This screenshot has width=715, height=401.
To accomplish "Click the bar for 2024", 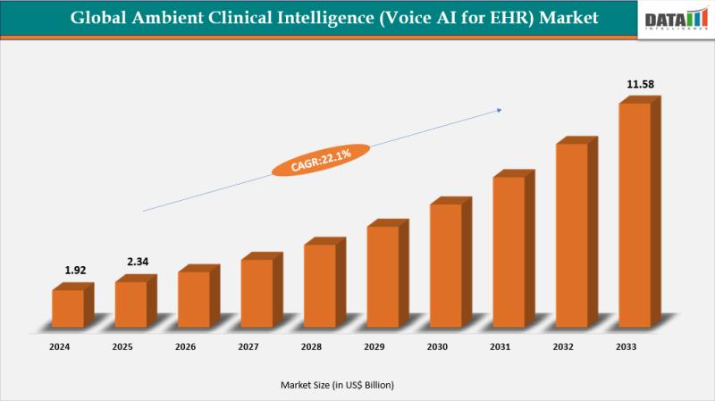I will tap(67, 307).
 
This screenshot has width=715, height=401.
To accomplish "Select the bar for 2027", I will tap(257, 292).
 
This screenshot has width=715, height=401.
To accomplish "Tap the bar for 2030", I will tap(445, 264).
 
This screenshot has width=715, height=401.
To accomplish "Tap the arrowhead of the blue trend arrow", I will tap(499, 110).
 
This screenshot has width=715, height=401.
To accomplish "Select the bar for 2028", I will tap(319, 284).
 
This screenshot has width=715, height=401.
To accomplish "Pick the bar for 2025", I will tap(130, 304).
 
